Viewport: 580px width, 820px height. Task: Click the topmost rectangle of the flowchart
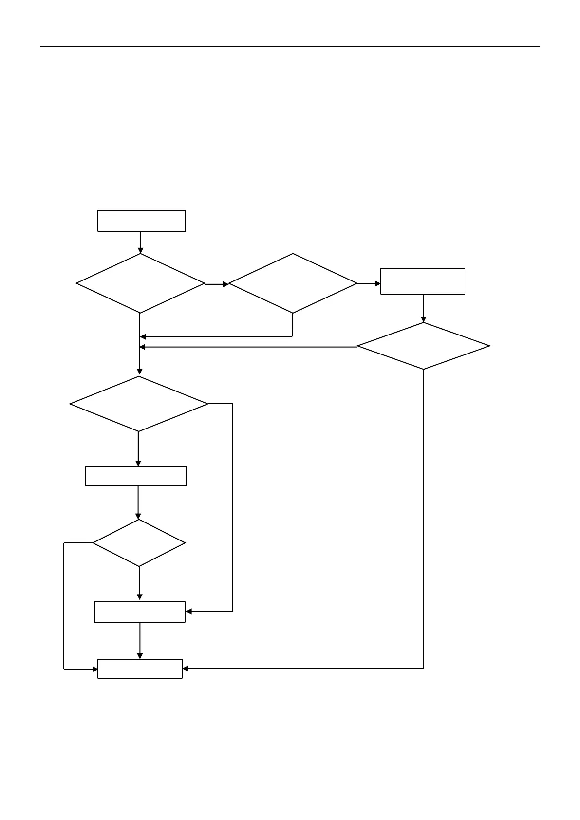click(x=142, y=221)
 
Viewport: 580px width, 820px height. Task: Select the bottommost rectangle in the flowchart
click(x=140, y=669)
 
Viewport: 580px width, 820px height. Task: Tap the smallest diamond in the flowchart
click(x=139, y=543)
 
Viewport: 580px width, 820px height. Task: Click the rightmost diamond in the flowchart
click(x=423, y=346)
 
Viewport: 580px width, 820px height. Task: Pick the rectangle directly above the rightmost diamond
click(x=423, y=281)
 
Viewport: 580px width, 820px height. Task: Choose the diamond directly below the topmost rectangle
click(x=141, y=283)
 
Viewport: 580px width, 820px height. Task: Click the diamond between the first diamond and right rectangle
click(x=293, y=283)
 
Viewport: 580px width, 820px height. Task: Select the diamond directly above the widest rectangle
click(x=139, y=404)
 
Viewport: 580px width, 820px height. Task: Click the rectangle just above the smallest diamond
click(x=136, y=476)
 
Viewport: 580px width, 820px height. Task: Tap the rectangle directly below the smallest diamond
click(x=140, y=612)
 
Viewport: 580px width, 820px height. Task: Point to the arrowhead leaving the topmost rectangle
click(x=141, y=250)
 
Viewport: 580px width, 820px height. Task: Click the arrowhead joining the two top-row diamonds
click(x=225, y=284)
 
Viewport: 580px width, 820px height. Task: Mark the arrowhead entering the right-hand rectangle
click(x=377, y=283)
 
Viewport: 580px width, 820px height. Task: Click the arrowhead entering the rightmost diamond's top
click(x=424, y=319)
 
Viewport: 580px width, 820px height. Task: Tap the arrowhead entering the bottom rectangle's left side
click(x=95, y=669)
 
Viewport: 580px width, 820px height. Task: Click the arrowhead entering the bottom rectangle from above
click(x=140, y=656)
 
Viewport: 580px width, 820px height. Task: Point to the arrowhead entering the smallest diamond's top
click(x=138, y=516)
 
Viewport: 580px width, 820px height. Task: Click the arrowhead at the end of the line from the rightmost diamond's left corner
click(x=143, y=347)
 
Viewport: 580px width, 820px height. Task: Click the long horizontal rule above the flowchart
click(x=290, y=47)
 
